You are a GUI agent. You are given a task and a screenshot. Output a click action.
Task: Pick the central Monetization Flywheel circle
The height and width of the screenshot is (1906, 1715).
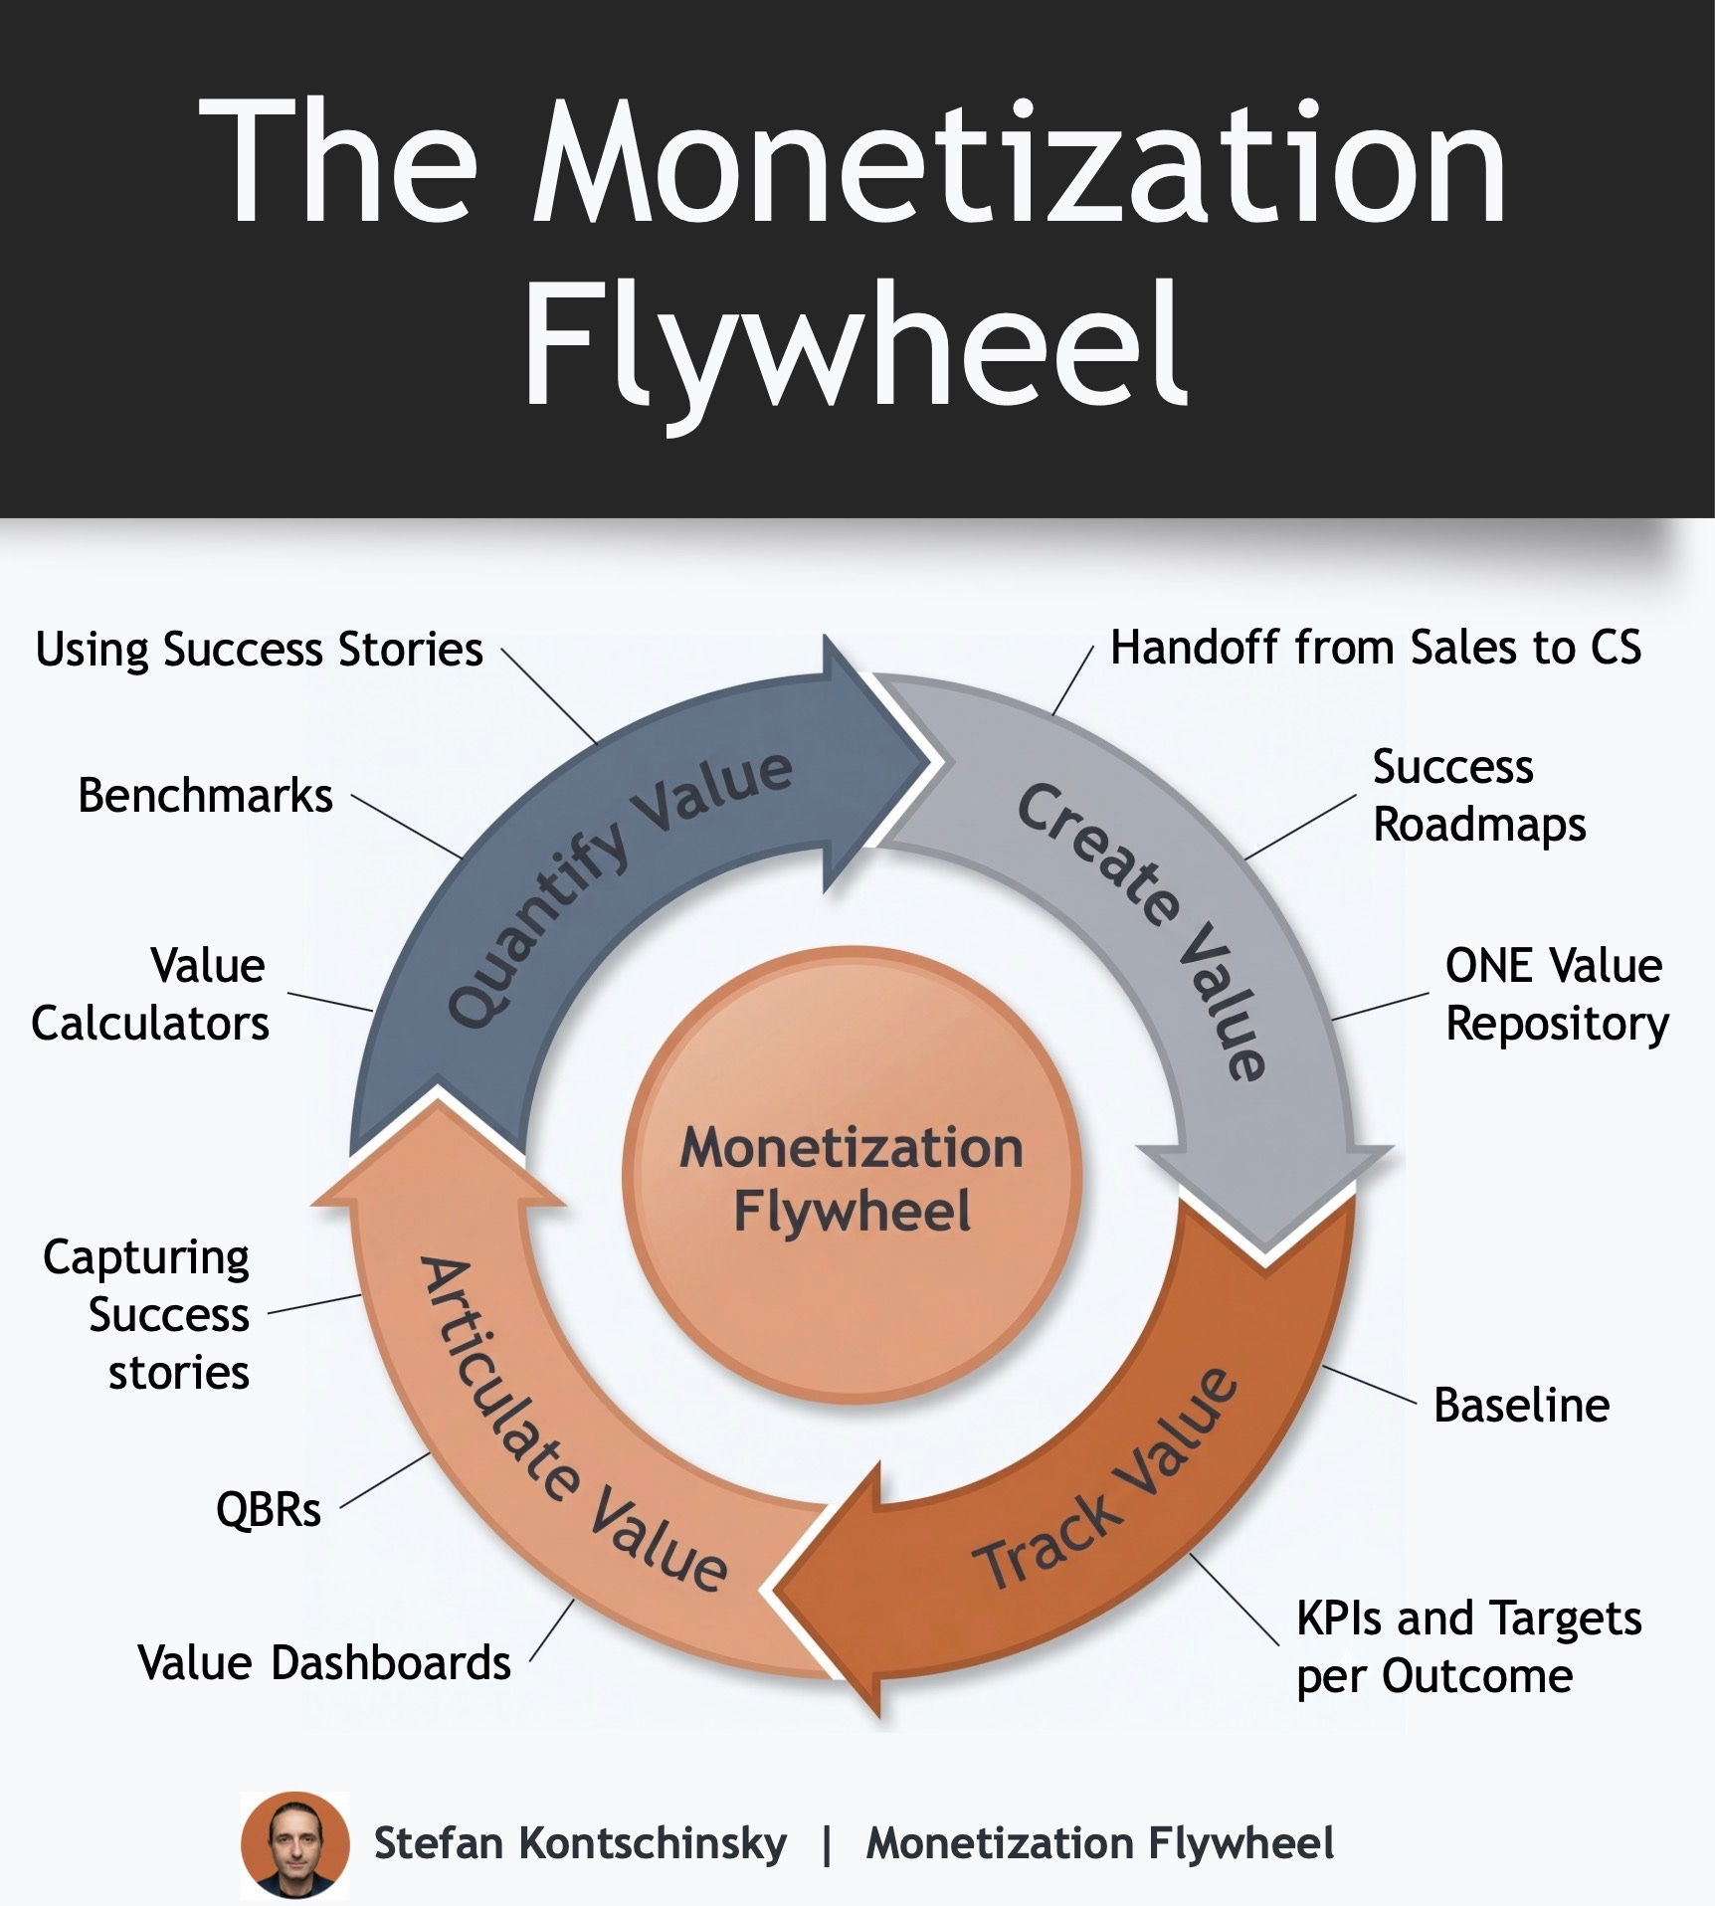point(853,1178)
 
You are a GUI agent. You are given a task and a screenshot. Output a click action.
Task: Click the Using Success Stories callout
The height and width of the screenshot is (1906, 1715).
point(259,650)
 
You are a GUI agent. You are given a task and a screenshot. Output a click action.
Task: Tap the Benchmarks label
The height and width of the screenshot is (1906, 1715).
point(205,796)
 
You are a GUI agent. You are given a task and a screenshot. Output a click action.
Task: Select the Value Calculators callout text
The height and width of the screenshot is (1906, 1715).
point(150,994)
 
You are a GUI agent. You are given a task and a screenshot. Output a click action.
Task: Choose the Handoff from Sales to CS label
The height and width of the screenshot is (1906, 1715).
point(1375,648)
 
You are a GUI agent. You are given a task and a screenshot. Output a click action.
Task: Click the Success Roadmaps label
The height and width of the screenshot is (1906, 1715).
point(1478,796)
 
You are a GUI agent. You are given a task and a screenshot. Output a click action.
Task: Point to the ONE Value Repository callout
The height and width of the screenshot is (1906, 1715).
point(1556,994)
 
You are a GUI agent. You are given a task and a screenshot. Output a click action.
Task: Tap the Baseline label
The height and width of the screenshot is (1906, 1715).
point(1521,1406)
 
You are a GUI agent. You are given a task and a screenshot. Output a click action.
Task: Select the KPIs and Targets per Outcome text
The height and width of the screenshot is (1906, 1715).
point(1467,1646)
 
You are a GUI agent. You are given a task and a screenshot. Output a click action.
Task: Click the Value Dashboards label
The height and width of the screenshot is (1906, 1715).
point(324,1662)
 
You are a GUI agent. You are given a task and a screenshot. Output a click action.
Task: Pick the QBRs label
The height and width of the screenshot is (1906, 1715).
point(269,1510)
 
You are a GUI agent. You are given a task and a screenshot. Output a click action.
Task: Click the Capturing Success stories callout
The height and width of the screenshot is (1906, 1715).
point(147,1314)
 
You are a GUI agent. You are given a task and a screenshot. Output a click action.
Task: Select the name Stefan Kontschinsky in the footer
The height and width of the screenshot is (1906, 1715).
point(580,1843)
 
